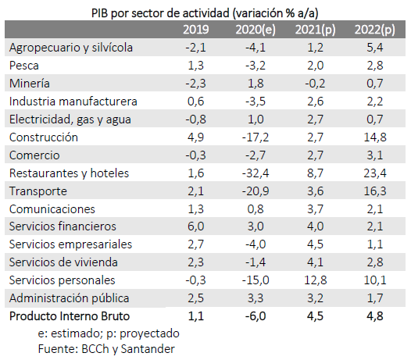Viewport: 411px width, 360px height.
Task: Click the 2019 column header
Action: (x=196, y=30)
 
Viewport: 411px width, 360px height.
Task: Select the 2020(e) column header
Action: (x=256, y=30)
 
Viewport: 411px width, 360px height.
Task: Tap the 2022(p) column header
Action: (x=375, y=30)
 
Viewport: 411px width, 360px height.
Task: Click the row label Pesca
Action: (x=24, y=66)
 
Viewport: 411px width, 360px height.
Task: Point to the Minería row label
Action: (x=30, y=84)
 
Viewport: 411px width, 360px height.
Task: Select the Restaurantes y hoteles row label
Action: (x=70, y=173)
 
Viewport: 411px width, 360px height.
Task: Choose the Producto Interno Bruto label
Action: (x=70, y=316)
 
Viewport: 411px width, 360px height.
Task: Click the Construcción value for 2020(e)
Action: (x=256, y=137)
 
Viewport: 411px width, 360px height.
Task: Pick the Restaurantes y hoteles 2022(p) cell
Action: (x=375, y=173)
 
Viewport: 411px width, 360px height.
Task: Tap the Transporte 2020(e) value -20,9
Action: (x=256, y=191)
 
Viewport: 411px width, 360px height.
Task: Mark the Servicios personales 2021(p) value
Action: (x=316, y=280)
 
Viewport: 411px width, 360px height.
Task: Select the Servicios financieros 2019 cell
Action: (x=196, y=226)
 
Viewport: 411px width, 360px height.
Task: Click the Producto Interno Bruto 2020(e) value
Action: (x=256, y=316)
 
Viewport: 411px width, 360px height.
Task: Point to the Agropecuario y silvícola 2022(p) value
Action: (x=375, y=48)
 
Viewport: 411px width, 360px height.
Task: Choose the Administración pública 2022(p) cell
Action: (x=375, y=298)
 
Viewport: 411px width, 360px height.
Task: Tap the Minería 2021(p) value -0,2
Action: (x=315, y=84)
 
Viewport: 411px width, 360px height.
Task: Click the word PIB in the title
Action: (x=99, y=13)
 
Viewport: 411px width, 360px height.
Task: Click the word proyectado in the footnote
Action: (x=149, y=333)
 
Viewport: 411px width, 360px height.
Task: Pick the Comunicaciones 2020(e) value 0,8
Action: (x=256, y=209)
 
